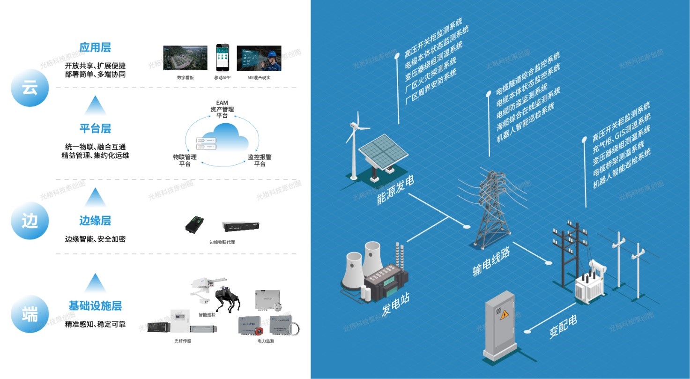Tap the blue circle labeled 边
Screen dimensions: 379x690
click(x=30, y=221)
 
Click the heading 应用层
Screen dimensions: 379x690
click(x=95, y=48)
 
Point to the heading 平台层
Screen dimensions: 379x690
click(x=95, y=129)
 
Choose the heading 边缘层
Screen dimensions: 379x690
click(x=95, y=221)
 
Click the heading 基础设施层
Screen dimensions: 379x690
click(x=95, y=306)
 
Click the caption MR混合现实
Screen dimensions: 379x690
click(x=259, y=77)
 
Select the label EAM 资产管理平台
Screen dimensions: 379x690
click(x=222, y=109)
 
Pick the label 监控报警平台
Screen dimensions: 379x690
click(x=260, y=160)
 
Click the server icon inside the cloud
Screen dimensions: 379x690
click(x=207, y=143)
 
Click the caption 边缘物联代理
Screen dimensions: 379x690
click(x=222, y=242)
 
